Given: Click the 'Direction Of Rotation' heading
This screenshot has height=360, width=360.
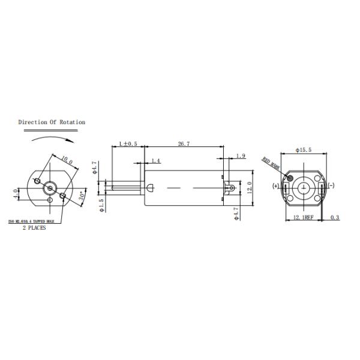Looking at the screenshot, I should click(x=52, y=122).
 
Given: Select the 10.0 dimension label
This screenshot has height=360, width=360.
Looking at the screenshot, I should click(x=67, y=161).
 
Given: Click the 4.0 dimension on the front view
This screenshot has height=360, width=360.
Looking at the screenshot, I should click(x=16, y=194).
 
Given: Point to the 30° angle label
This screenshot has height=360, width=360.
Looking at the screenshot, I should click(x=83, y=196).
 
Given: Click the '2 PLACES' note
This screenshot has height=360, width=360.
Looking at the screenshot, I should click(x=34, y=228).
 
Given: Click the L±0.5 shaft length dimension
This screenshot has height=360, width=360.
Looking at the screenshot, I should click(x=128, y=144).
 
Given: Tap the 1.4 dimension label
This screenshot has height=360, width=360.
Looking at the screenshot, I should click(x=155, y=161).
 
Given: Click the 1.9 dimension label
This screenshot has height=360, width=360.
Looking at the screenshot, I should click(x=241, y=156).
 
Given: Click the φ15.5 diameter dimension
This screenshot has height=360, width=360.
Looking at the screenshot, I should click(x=303, y=150).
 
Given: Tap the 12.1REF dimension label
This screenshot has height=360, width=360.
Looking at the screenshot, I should click(x=303, y=217).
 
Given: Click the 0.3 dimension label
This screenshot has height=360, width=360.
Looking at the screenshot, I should click(x=335, y=217).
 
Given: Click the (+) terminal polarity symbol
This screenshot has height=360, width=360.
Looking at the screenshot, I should click(x=275, y=186).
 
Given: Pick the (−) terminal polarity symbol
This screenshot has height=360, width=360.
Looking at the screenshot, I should click(x=331, y=186).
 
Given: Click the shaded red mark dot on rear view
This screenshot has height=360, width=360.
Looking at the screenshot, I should click(x=290, y=178).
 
